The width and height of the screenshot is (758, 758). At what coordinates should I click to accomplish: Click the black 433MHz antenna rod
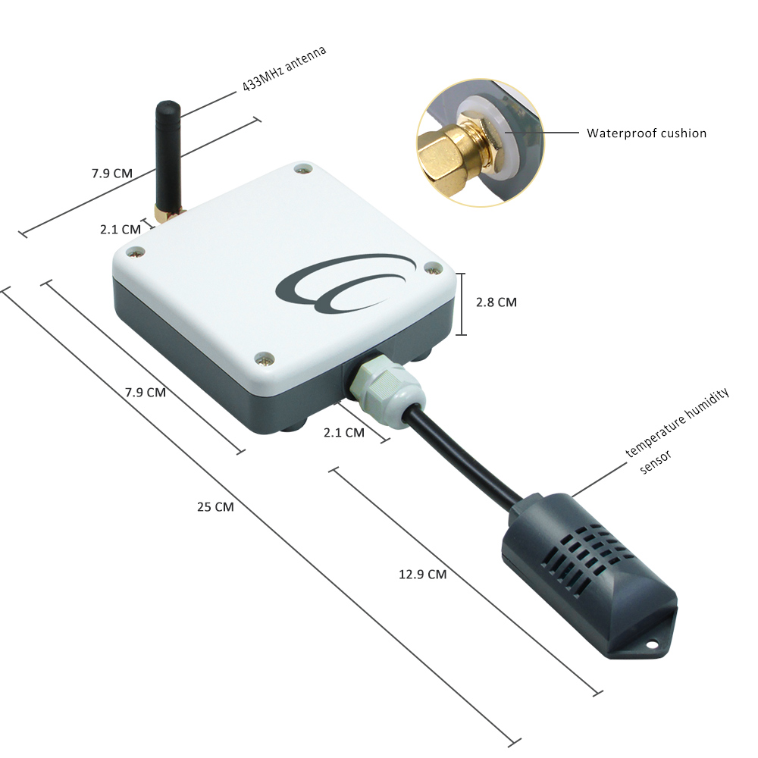[x=168, y=155]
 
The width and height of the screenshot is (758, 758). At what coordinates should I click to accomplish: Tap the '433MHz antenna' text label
[x=284, y=68]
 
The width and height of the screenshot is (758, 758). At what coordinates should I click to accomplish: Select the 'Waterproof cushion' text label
[x=647, y=133]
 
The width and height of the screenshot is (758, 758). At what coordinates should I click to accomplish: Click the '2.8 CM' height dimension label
[x=496, y=302]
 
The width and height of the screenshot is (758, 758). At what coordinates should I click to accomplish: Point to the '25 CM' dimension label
[x=215, y=506]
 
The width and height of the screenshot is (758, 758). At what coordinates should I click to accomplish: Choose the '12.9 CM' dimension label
[x=422, y=575]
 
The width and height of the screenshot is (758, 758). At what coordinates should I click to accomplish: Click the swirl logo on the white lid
[x=346, y=283]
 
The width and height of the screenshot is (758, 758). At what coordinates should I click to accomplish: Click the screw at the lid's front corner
[x=264, y=359]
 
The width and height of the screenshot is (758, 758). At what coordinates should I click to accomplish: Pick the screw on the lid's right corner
[x=432, y=268]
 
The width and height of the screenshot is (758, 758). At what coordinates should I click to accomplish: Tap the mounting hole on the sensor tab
[x=652, y=644]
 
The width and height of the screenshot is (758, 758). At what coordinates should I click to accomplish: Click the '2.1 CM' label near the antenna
[x=120, y=229]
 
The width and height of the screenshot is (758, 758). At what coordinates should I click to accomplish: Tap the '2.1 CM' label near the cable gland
[x=343, y=432]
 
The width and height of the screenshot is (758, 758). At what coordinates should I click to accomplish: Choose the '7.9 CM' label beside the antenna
[x=111, y=173]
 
